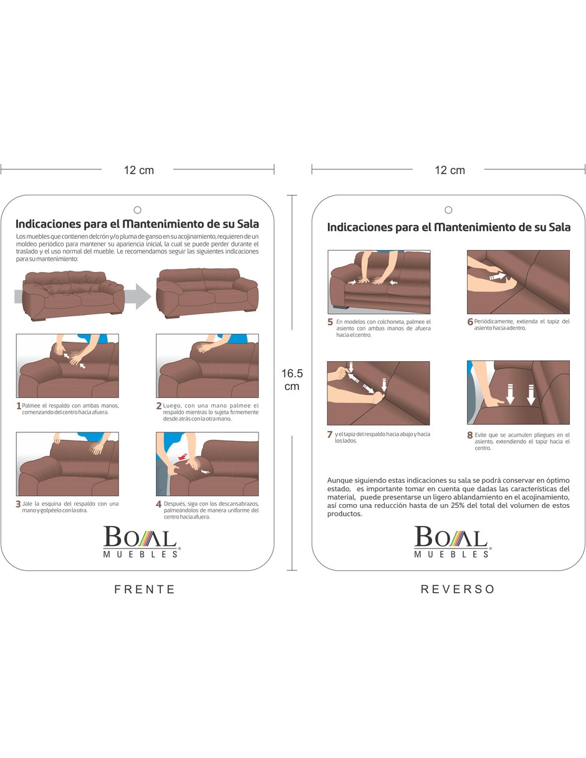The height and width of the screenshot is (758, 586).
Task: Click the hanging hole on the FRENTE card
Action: (x=137, y=210)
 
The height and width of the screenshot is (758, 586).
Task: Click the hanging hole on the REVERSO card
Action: (x=448, y=210)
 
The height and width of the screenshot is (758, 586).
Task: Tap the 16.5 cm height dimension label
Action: (x=292, y=379)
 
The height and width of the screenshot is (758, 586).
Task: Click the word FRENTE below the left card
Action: (x=145, y=589)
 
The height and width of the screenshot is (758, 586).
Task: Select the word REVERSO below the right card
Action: (x=458, y=589)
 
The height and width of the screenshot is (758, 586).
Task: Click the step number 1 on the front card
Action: (x=19, y=406)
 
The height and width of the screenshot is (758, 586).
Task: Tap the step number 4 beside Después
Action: (x=159, y=504)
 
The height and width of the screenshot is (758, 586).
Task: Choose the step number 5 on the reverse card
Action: (x=330, y=322)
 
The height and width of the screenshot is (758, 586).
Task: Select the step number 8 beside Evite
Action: (x=470, y=435)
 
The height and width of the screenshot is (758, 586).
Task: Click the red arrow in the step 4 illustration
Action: (x=182, y=457)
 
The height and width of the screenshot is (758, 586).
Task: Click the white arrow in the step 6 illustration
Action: (x=497, y=276)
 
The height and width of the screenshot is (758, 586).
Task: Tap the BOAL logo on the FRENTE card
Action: (x=141, y=541)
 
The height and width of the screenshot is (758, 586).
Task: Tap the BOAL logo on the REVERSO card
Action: (x=452, y=541)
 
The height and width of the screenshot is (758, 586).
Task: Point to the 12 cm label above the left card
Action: (x=138, y=170)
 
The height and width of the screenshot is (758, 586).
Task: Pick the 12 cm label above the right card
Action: (x=449, y=170)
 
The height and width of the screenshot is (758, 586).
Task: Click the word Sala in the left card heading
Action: (x=247, y=223)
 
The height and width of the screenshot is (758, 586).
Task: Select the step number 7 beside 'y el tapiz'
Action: (x=330, y=435)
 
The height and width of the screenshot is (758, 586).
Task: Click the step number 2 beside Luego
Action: (x=159, y=406)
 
